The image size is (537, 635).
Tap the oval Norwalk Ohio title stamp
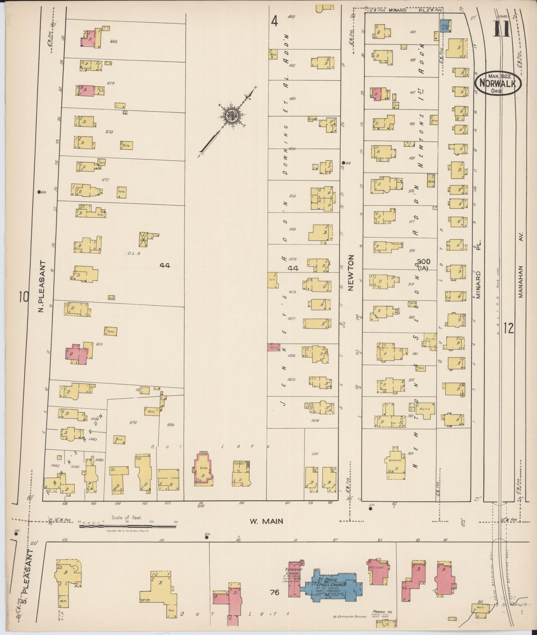(498, 84)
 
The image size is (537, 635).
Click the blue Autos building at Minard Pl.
(446, 26)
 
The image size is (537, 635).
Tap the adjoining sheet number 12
(509, 328)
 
